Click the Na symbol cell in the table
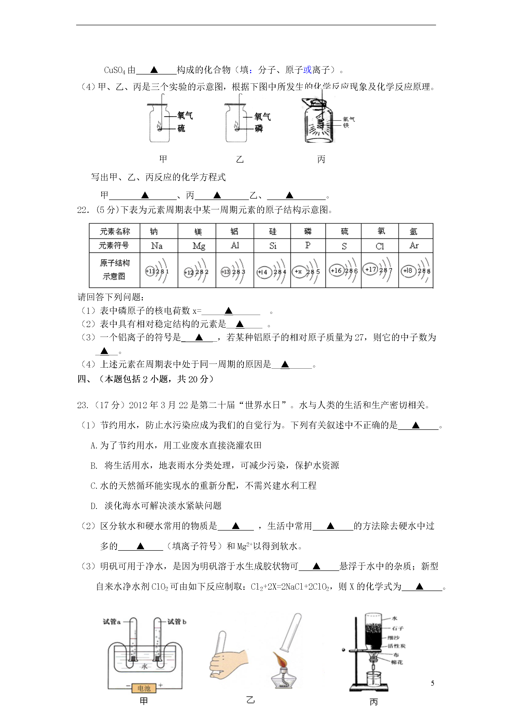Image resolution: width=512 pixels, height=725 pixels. pyautogui.click(x=157, y=246)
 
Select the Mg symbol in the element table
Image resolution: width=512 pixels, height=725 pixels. pyautogui.click(x=199, y=246)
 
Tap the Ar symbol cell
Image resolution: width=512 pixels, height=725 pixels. pyautogui.click(x=414, y=246)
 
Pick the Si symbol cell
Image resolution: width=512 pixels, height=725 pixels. pyautogui.click(x=273, y=246)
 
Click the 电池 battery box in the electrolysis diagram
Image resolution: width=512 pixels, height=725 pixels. pyautogui.click(x=144, y=688)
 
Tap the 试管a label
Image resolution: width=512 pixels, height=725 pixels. pyautogui.click(x=112, y=622)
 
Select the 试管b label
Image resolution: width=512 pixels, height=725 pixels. pyautogui.click(x=177, y=622)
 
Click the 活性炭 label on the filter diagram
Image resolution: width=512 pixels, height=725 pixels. pyautogui.click(x=397, y=646)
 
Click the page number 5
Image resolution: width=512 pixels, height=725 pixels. pyautogui.click(x=432, y=683)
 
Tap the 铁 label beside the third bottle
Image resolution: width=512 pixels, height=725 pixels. pyautogui.click(x=346, y=126)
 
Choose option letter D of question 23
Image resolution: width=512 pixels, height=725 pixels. pyautogui.click(x=94, y=506)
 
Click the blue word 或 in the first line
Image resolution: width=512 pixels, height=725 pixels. pyautogui.click(x=307, y=70)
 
